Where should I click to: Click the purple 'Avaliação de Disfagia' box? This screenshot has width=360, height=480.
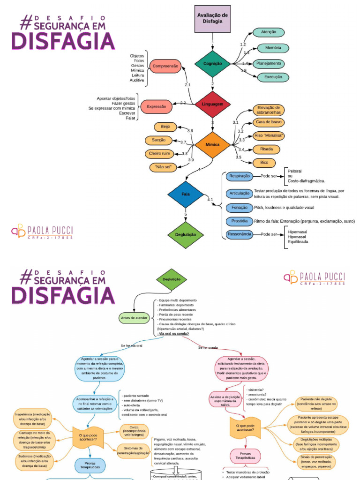212,19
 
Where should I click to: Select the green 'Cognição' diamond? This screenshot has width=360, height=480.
212,64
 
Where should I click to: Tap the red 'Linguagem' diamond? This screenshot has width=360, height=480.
212,104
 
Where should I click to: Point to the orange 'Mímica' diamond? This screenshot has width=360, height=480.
212,145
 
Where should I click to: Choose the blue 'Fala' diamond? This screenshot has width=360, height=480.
186,193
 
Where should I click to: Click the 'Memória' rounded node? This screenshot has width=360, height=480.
273,48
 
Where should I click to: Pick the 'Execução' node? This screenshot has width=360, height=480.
273,77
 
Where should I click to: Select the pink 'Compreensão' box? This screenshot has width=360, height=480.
165,67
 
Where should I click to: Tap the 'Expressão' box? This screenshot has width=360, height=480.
157,107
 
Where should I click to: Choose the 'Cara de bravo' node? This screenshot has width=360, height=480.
269,122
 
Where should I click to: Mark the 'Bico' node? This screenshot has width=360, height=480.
264,163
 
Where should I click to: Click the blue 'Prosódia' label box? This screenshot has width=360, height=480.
239,221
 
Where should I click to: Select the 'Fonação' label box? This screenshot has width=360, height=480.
239,207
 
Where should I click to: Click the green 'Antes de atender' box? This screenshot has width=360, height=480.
135,317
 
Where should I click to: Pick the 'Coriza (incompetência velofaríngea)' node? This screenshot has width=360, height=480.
134,431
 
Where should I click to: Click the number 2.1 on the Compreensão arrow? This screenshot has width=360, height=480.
187,85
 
